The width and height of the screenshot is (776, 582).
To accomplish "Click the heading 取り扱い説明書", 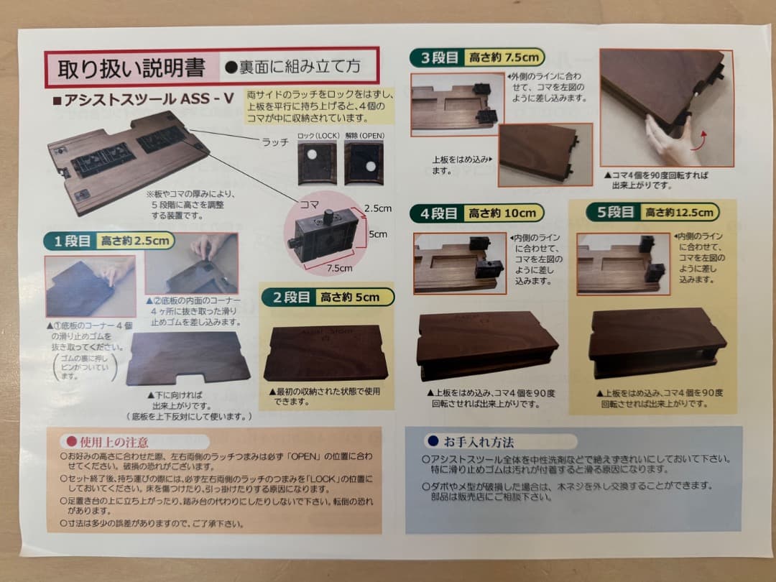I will click(131, 68).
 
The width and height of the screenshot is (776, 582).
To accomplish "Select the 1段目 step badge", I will click(69, 241).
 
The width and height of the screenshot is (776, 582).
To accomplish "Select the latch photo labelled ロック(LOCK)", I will click(317, 162).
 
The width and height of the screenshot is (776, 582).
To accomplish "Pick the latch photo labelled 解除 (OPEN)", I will click(364, 162).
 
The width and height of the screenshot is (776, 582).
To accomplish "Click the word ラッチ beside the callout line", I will click(275, 142).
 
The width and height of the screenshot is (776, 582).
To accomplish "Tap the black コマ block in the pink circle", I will click(323, 231).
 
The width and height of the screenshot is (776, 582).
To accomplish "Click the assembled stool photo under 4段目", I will click(486, 344).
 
